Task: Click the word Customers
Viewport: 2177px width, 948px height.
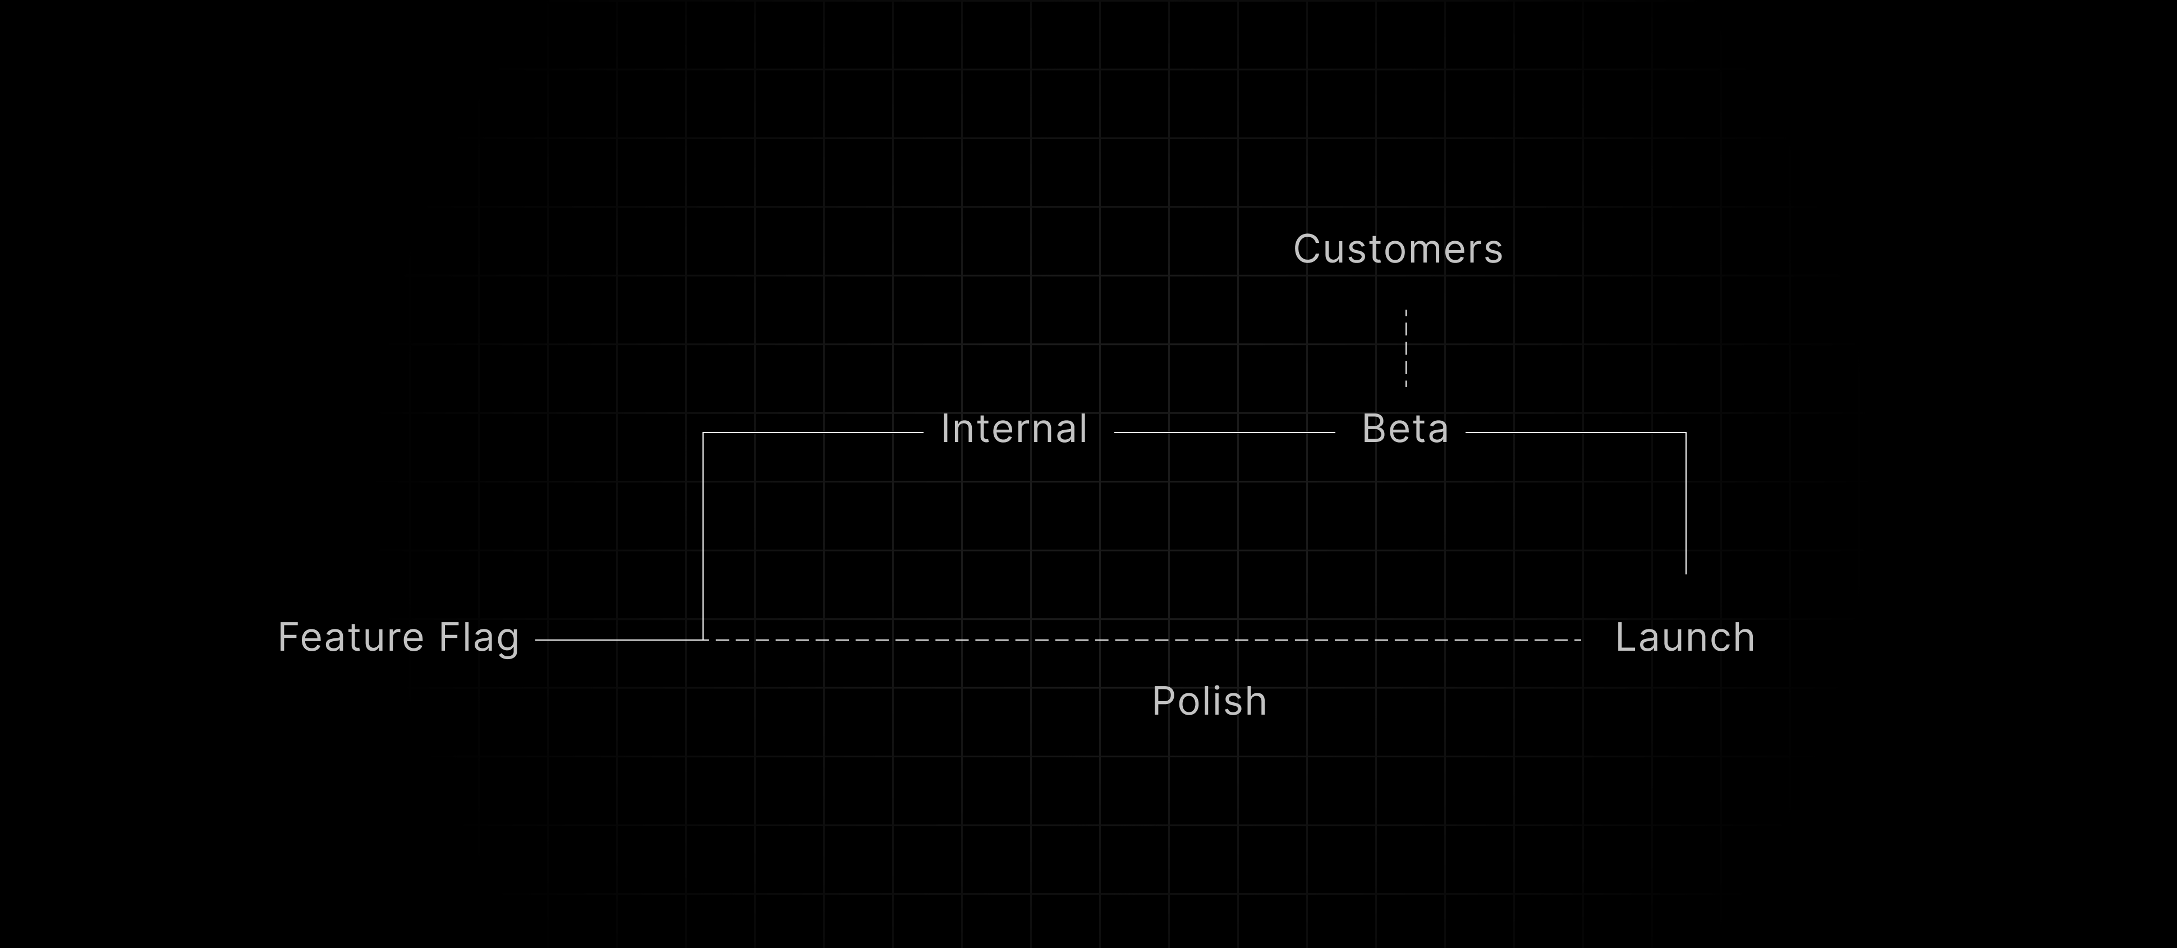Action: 1398,249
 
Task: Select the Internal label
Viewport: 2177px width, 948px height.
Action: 1013,429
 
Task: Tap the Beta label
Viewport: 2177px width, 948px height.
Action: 1404,429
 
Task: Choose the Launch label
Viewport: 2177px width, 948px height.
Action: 1684,637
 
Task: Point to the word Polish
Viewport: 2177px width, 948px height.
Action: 1209,701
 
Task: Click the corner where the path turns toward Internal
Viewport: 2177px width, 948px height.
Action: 703,432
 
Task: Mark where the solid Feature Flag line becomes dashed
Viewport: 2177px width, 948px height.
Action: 705,641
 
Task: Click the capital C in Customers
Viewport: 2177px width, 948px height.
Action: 1307,249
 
